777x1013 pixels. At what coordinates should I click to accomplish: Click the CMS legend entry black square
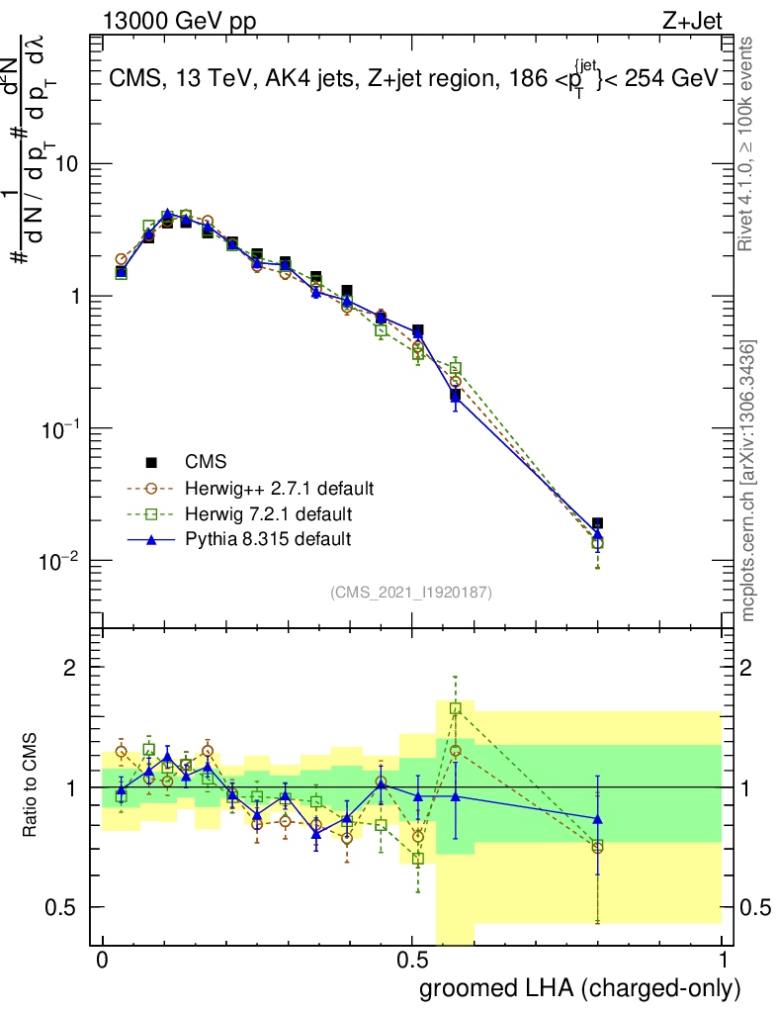point(152,462)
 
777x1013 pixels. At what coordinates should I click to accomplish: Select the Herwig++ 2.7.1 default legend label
point(279,489)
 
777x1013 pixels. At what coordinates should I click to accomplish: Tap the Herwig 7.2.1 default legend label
point(269,514)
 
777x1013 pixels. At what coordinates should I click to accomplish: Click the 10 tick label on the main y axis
point(66,164)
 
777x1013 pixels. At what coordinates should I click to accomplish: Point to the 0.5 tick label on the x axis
point(412,961)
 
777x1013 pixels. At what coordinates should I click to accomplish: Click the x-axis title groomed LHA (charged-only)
point(581,988)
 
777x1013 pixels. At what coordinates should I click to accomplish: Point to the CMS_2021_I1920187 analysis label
point(411,593)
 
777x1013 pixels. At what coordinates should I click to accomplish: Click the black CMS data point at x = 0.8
point(597,523)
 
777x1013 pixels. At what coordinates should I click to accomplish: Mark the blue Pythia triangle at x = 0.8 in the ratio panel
point(597,819)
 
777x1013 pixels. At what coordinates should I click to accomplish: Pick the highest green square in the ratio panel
point(456,708)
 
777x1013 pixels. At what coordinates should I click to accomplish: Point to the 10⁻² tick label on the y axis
point(61,561)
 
